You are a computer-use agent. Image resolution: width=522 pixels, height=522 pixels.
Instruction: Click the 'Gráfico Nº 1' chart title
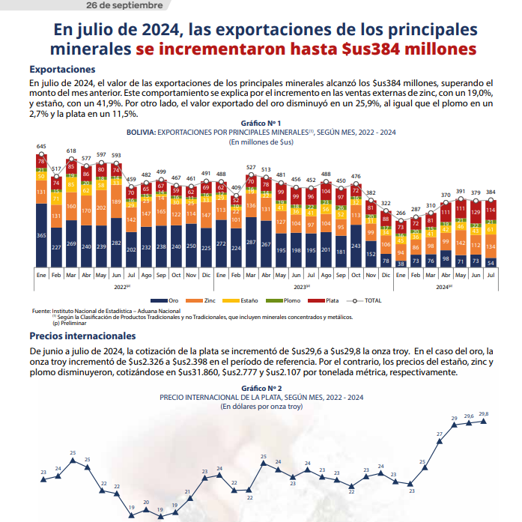click(261, 122)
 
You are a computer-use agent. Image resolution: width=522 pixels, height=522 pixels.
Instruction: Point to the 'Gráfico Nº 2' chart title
click(261, 389)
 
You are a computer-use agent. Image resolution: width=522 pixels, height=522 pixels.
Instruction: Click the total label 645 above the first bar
click(41, 147)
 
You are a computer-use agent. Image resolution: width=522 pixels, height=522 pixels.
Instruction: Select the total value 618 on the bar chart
click(71, 151)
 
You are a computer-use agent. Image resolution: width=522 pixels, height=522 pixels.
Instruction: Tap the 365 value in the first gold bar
click(41, 236)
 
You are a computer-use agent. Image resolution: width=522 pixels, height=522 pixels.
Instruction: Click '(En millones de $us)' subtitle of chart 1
click(261, 140)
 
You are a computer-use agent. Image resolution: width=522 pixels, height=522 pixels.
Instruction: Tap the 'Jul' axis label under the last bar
click(490, 275)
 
